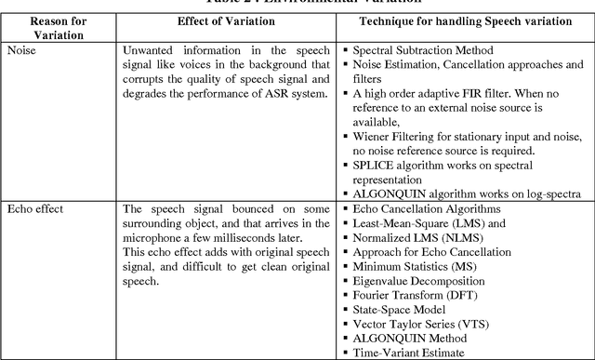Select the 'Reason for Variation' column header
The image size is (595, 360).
[x=59, y=26]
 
